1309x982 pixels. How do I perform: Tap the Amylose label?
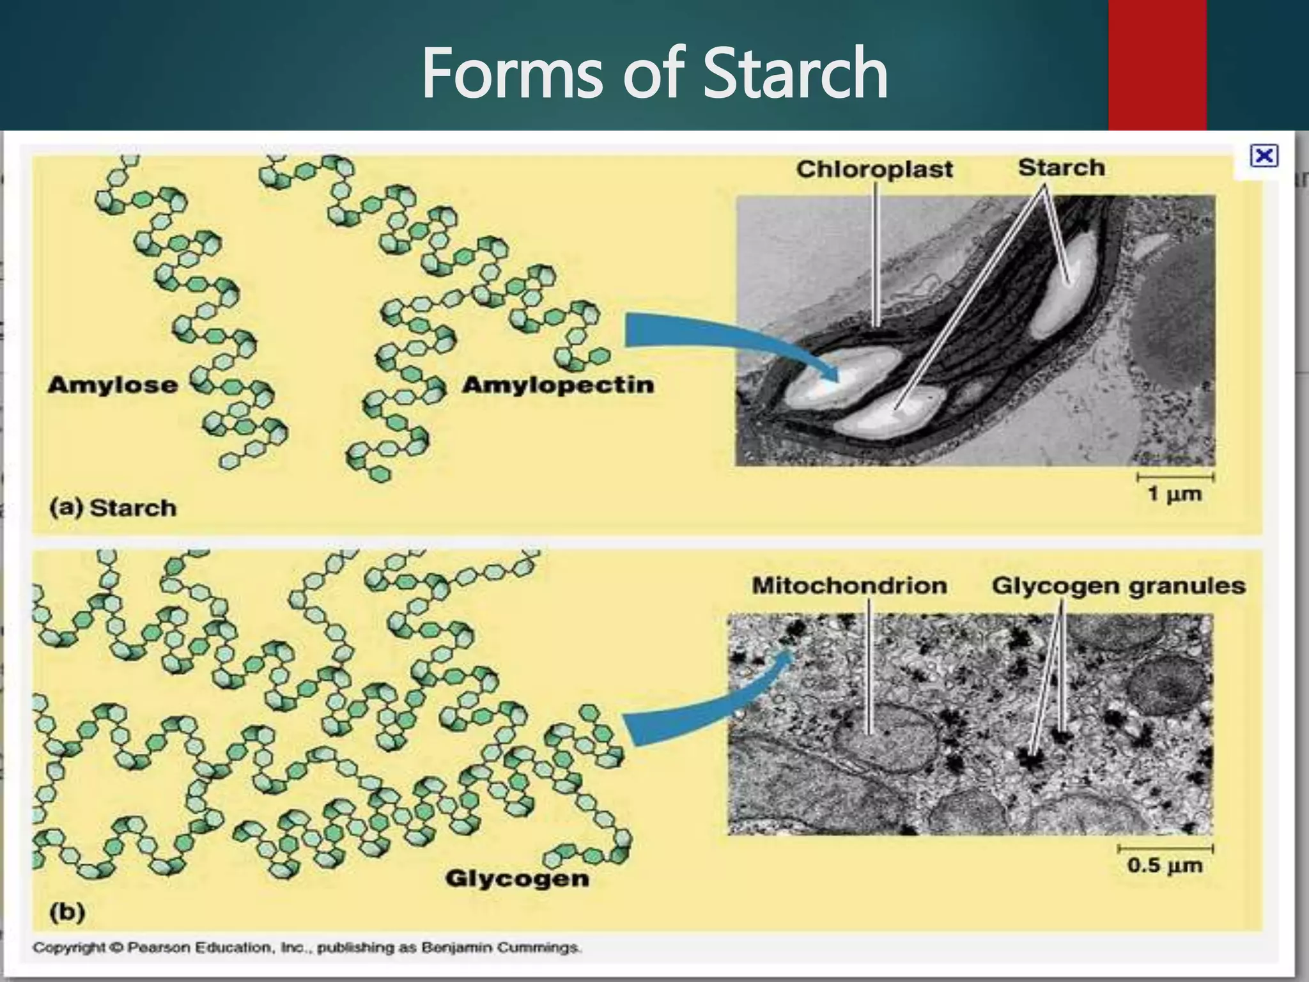point(112,385)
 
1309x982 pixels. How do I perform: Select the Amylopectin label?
point(558,385)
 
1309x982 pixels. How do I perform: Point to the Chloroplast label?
point(874,169)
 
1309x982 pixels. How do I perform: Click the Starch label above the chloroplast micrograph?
point(1061,168)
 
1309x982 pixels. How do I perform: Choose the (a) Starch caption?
point(113,508)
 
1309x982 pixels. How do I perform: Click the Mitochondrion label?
point(849,586)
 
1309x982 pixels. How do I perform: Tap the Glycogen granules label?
point(1119,586)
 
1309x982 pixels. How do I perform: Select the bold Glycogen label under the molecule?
point(517,878)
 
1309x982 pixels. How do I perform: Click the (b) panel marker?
point(67,912)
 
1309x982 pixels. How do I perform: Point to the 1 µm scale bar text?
point(1174,494)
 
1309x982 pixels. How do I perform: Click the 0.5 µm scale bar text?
point(1165,866)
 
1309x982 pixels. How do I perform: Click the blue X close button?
point(1264,156)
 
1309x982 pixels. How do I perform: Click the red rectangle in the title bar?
point(1157,64)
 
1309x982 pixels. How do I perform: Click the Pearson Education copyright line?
point(307,947)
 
